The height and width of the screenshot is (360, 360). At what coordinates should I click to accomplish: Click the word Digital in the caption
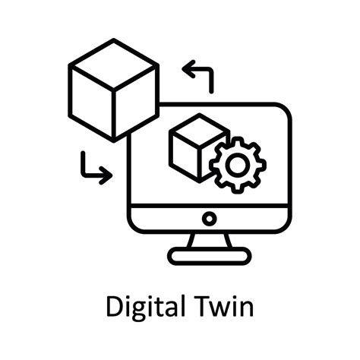tap(145, 308)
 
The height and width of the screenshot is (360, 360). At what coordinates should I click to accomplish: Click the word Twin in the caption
tap(224, 306)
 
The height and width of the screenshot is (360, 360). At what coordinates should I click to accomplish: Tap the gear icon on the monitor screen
tap(238, 165)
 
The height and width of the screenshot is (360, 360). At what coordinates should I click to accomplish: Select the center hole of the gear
tap(238, 165)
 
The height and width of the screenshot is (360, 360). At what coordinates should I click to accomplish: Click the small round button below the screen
tap(210, 219)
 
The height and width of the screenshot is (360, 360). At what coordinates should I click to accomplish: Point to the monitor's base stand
tap(210, 256)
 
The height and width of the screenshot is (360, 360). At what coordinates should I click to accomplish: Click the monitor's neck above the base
tap(210, 240)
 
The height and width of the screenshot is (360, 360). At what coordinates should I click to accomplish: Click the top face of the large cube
tap(113, 65)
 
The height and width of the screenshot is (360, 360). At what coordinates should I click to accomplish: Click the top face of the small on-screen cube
tap(199, 130)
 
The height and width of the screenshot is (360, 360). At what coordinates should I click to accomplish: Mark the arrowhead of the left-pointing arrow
tap(188, 68)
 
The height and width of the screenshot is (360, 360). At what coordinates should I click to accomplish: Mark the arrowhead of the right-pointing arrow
tap(106, 175)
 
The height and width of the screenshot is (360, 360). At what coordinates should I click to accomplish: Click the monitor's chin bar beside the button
tap(167, 219)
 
